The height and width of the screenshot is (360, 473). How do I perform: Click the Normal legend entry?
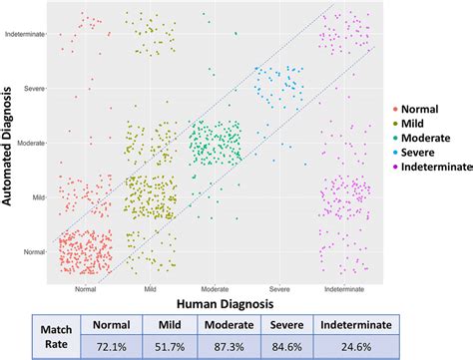(x=416, y=109)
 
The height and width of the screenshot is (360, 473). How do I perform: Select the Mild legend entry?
(x=408, y=124)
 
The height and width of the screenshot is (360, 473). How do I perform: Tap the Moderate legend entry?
(x=422, y=138)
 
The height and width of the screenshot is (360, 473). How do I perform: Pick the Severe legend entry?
(x=414, y=153)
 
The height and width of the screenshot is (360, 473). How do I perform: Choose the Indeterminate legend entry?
(x=432, y=167)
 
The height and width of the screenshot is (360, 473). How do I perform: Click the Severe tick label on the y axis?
(x=34, y=89)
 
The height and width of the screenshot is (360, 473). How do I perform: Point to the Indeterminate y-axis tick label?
(x=25, y=34)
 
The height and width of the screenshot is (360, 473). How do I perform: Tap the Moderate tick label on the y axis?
(x=31, y=143)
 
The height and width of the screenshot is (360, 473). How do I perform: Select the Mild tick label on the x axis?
(x=150, y=289)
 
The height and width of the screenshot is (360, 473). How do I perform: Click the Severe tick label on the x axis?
(x=279, y=289)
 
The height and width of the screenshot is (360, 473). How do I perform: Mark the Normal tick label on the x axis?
(x=85, y=289)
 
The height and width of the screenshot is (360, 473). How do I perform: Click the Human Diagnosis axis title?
(x=226, y=304)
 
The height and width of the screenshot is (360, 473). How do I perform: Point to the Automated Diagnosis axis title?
(x=7, y=147)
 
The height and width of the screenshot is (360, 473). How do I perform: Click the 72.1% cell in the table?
(x=112, y=347)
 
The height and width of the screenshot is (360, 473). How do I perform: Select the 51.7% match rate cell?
(x=170, y=347)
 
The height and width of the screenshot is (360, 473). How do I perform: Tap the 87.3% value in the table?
(x=229, y=347)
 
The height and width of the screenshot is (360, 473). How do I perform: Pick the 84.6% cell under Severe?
(x=286, y=347)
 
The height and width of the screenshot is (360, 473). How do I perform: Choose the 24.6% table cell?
(x=356, y=347)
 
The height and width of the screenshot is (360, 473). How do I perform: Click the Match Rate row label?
(x=56, y=337)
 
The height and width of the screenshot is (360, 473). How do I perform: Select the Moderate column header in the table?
(x=229, y=325)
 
